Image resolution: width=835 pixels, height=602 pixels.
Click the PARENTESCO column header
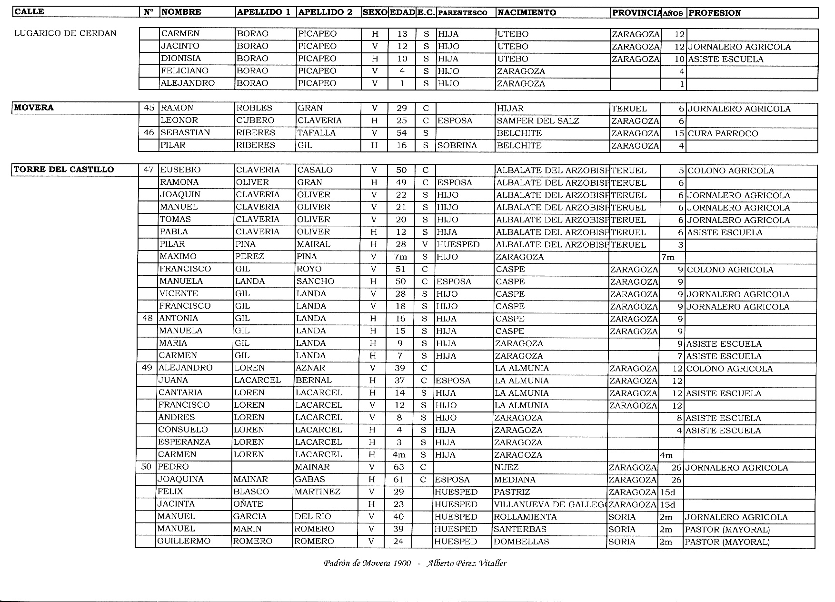(462, 13)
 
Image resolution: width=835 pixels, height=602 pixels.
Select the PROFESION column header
(715, 13)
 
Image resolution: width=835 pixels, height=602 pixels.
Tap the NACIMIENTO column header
(527, 13)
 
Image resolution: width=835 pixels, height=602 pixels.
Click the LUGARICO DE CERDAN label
(66, 33)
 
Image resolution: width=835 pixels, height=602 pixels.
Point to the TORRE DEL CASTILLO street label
(64, 170)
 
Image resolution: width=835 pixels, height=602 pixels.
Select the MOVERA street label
(34, 108)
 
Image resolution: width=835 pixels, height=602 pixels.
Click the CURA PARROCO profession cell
(723, 133)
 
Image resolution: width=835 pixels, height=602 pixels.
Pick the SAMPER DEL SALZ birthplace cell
(538, 121)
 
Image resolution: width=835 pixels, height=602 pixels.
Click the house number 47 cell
(149, 170)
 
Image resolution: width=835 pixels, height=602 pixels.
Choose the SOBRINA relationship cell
(457, 146)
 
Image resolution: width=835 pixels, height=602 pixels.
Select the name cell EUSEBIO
(180, 170)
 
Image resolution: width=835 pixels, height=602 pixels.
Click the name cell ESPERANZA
(184, 442)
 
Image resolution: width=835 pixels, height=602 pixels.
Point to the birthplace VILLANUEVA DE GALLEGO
(549, 504)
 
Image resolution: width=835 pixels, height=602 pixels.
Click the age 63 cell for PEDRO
(399, 467)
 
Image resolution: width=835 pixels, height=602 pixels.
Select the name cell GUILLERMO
(184, 542)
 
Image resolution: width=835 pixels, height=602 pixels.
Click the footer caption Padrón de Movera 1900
(367, 563)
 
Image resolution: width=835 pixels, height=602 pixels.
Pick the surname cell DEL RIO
(313, 517)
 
